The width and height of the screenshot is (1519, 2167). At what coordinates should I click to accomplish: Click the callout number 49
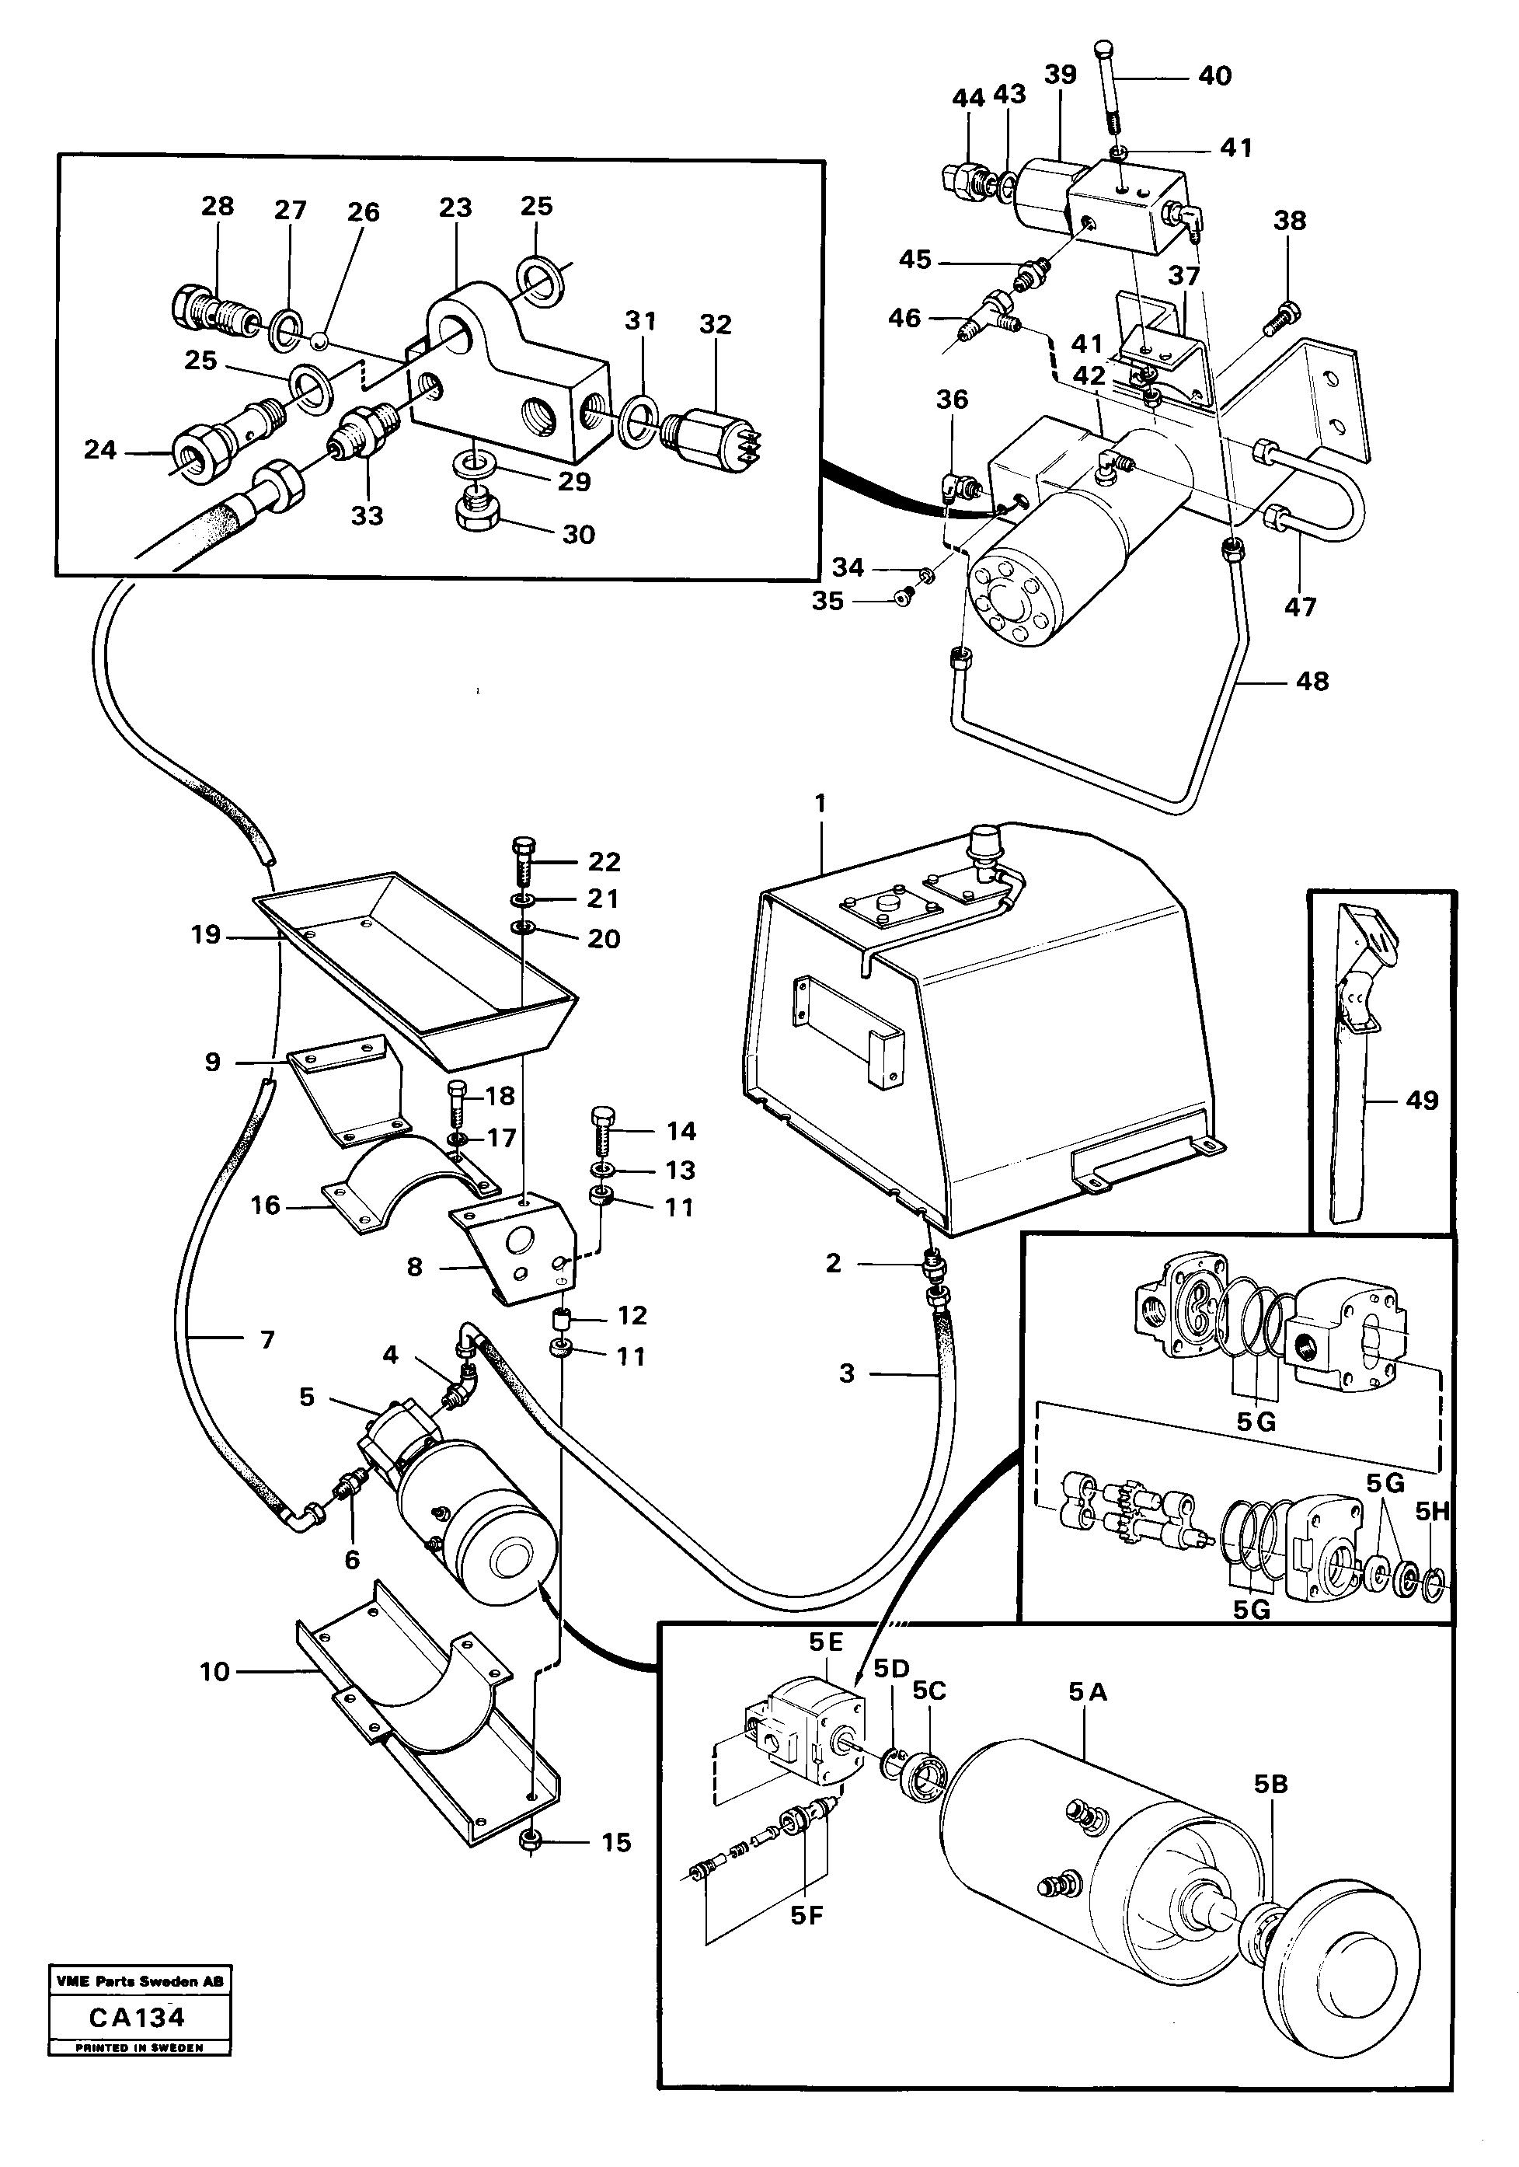pyautogui.click(x=1422, y=1100)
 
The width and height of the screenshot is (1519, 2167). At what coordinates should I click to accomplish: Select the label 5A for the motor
pyautogui.click(x=1087, y=1692)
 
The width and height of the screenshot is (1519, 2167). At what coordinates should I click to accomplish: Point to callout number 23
pyautogui.click(x=455, y=208)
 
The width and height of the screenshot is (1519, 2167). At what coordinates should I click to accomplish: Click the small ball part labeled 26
pyautogui.click(x=322, y=338)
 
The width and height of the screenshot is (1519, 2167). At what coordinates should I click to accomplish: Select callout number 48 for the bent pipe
pyautogui.click(x=1312, y=681)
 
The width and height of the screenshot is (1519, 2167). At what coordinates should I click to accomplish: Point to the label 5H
pyautogui.click(x=1431, y=1512)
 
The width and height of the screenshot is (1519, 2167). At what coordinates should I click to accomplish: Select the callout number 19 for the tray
pyautogui.click(x=205, y=934)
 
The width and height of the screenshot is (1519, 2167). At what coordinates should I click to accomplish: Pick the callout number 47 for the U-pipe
pyautogui.click(x=1299, y=607)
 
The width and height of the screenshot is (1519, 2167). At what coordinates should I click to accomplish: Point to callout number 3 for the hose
pyautogui.click(x=846, y=1373)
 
